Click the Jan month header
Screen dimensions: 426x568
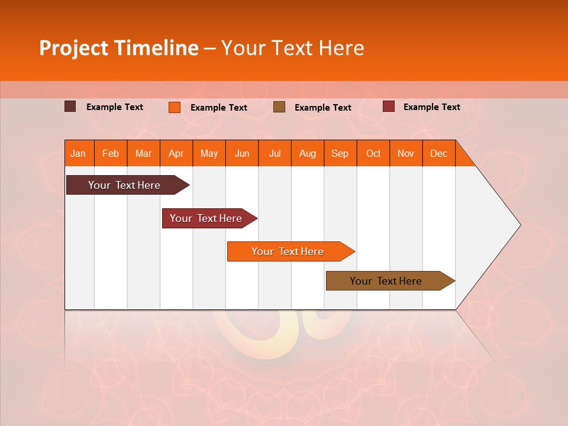[78, 153]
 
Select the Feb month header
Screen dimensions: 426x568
[111, 153]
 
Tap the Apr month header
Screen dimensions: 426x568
[176, 153]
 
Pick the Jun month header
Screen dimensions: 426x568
[242, 153]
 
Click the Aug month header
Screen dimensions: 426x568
[308, 153]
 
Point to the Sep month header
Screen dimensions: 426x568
[340, 153]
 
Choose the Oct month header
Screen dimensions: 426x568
[373, 153]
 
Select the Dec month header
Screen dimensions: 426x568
[439, 153]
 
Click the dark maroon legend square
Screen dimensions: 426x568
[70, 106]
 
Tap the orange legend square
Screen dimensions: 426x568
[175, 107]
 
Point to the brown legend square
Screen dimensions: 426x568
[279, 107]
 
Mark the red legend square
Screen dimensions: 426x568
[389, 106]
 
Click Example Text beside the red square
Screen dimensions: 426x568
[431, 106]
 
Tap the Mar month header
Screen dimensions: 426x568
[143, 153]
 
